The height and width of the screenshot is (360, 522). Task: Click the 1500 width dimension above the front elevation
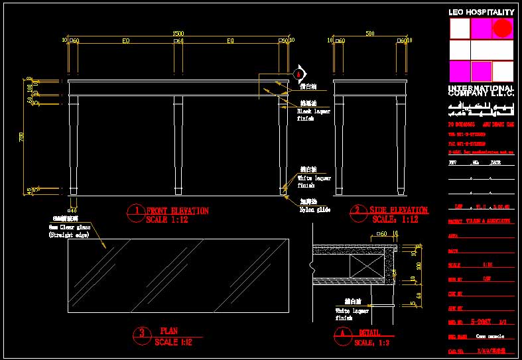(178, 33)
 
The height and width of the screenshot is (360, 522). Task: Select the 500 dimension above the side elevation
(370, 33)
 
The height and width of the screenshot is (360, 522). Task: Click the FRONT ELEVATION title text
(177, 211)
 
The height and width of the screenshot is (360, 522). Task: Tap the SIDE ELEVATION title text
(399, 211)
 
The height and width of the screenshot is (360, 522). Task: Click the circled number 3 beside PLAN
(142, 333)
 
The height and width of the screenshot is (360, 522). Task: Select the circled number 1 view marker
(135, 211)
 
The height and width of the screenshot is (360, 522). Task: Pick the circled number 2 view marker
(359, 211)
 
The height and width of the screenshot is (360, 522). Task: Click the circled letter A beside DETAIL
(343, 335)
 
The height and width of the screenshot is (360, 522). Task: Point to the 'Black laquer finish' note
(313, 115)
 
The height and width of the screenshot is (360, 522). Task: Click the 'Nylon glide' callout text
(314, 210)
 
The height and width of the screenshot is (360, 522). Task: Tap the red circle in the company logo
(503, 28)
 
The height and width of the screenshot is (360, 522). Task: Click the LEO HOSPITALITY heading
(482, 13)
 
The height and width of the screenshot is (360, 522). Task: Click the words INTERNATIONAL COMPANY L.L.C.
(481, 91)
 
